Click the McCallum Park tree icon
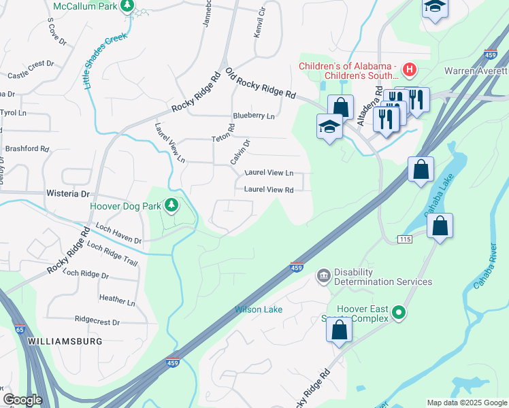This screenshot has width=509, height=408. [x=127, y=6]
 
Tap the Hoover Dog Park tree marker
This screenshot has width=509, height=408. [x=172, y=205]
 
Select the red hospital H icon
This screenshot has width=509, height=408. [x=409, y=69]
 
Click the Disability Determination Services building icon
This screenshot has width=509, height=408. [x=323, y=275]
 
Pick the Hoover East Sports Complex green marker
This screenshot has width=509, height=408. [x=399, y=313]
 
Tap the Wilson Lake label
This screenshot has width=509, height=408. [x=259, y=309]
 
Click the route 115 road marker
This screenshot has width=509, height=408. [x=406, y=239]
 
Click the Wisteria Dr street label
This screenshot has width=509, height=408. [x=67, y=194]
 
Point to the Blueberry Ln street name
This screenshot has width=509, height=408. [x=253, y=116]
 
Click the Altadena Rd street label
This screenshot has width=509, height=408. [x=367, y=109]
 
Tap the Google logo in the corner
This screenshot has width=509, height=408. [x=22, y=400]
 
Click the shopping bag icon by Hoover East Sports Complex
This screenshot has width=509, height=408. [x=340, y=330]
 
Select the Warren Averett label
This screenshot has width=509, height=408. [x=476, y=71]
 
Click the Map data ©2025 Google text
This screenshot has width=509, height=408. [x=467, y=403]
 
